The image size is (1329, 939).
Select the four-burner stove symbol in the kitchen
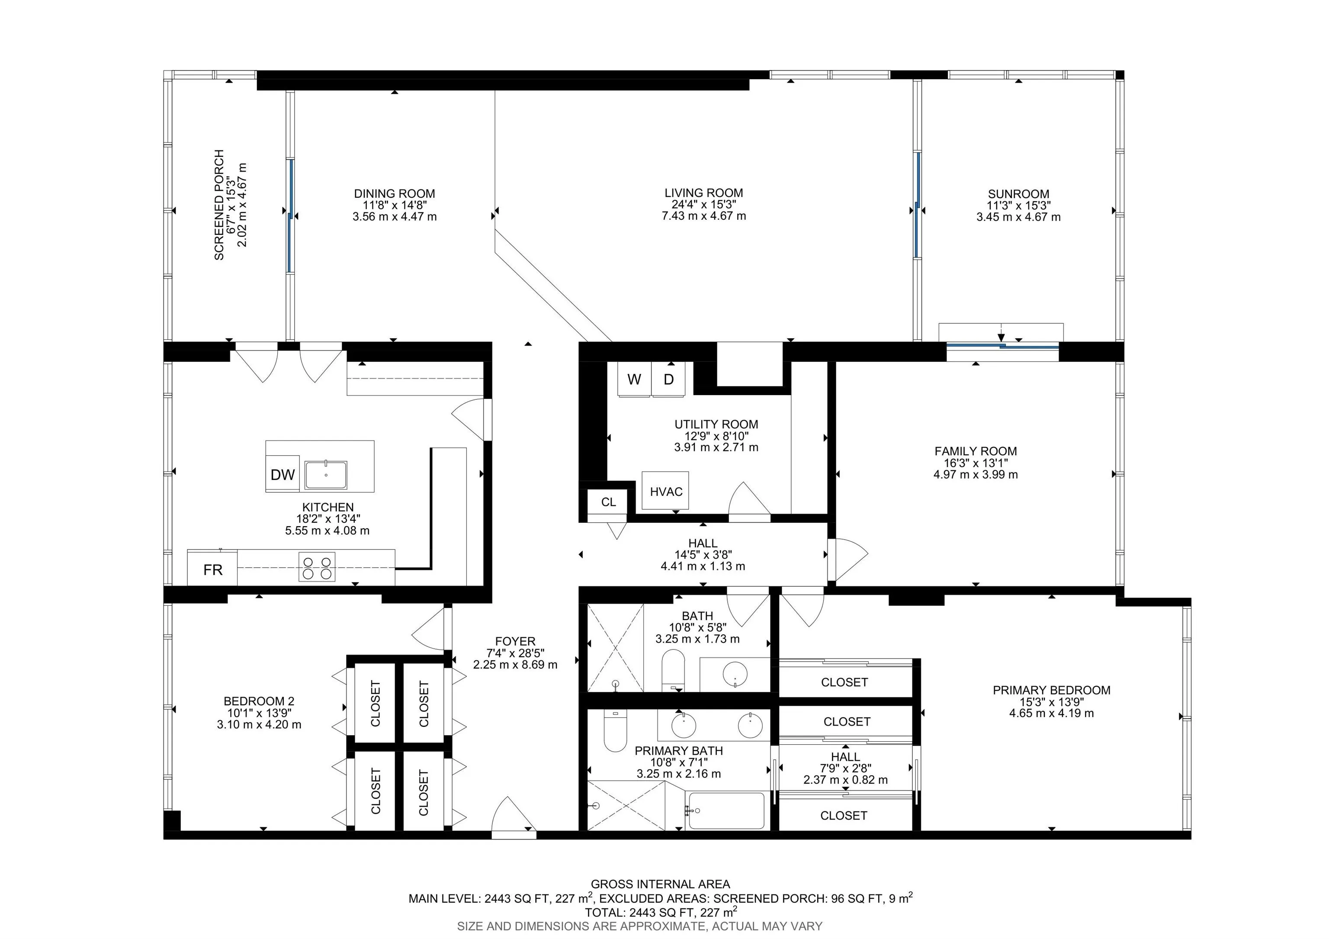point(317,567)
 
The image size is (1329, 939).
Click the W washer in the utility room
point(634,379)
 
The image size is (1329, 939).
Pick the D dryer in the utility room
point(668,379)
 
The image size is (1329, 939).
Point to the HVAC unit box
point(666,491)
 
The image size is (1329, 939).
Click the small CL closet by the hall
point(608,502)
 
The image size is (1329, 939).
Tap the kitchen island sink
point(326,475)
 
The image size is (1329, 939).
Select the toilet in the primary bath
point(615,730)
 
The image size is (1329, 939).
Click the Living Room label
point(703,193)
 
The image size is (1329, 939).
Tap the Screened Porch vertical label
point(219,205)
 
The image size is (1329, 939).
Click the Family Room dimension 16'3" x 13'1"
point(975,463)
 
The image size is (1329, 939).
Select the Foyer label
point(515,641)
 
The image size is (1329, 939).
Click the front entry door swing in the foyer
point(513,816)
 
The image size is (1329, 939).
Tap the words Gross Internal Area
point(660,884)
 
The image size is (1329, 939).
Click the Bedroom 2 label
point(259,701)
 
